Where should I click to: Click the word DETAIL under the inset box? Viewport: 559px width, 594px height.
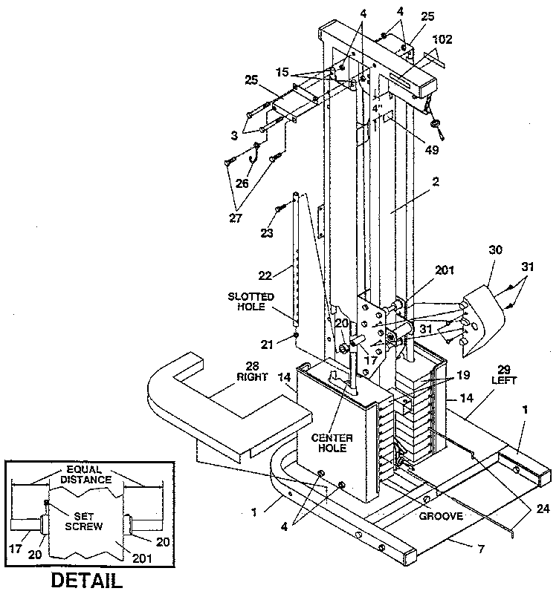[87, 579]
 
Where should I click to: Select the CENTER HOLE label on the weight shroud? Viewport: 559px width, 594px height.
[332, 443]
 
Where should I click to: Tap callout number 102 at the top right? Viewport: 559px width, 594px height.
[441, 39]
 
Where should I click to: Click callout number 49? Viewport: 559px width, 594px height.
[432, 149]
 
